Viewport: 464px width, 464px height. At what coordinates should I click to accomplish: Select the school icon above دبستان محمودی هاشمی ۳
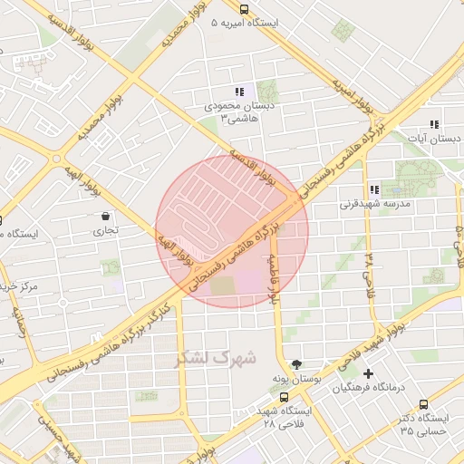tap(239, 92)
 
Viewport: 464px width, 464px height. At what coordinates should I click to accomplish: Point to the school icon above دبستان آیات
tap(434, 124)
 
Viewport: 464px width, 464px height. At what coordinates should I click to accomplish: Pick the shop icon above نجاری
tap(107, 217)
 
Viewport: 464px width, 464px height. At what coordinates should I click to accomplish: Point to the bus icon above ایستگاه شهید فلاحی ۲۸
tap(285, 397)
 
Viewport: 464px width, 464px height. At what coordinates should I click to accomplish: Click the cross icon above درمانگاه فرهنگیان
tap(367, 373)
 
